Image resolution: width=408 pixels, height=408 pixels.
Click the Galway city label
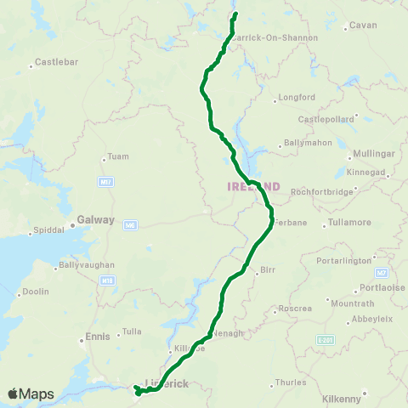tap(95, 219)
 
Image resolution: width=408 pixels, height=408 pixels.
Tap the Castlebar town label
tap(54, 64)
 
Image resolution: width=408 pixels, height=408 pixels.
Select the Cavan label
tap(363, 26)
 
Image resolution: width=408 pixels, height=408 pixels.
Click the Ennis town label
tap(99, 337)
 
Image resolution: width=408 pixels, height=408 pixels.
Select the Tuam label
tap(116, 157)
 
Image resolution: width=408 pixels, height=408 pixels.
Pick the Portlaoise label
tap(379, 287)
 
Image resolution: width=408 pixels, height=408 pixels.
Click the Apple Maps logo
tap(31, 394)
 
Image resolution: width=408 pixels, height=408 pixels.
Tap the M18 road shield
tap(107, 280)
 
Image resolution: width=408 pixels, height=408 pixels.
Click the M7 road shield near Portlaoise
tap(382, 272)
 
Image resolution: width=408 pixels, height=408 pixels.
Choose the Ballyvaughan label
tap(87, 266)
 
